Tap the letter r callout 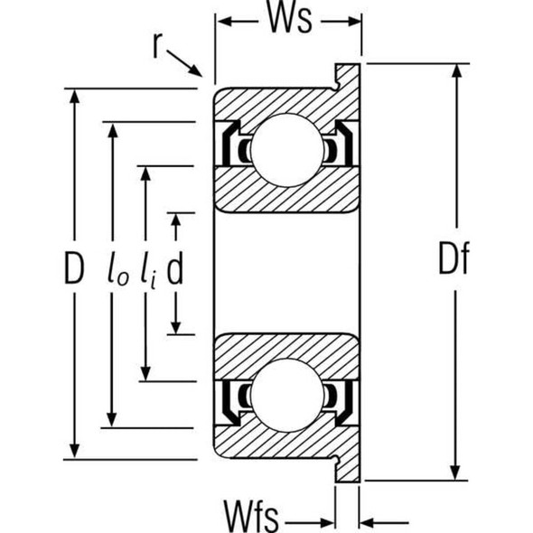(x=156, y=46)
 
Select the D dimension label (x=74, y=269)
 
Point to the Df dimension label (x=454, y=258)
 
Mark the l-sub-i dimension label (x=149, y=271)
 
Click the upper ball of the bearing (x=287, y=150)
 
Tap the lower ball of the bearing (x=287, y=395)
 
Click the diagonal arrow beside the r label (x=184, y=63)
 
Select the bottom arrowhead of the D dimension (x=74, y=450)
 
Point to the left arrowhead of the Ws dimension (x=225, y=22)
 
